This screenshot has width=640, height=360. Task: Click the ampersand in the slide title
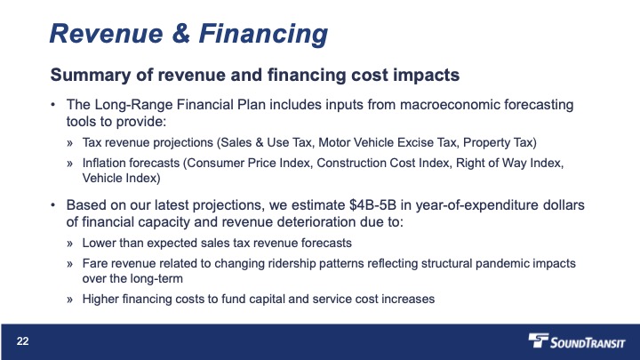pyautogui.click(x=180, y=33)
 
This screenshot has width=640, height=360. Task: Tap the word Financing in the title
pyautogui.click(x=263, y=35)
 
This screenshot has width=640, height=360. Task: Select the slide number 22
pyautogui.click(x=23, y=341)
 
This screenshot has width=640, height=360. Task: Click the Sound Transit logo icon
pyautogui.click(x=539, y=340)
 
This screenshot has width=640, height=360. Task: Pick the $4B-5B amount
pyautogui.click(x=372, y=205)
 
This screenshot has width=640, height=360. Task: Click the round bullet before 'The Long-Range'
pyautogui.click(x=53, y=105)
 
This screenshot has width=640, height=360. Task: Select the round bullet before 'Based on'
pyautogui.click(x=53, y=205)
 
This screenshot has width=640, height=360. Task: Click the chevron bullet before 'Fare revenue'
pyautogui.click(x=70, y=265)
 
